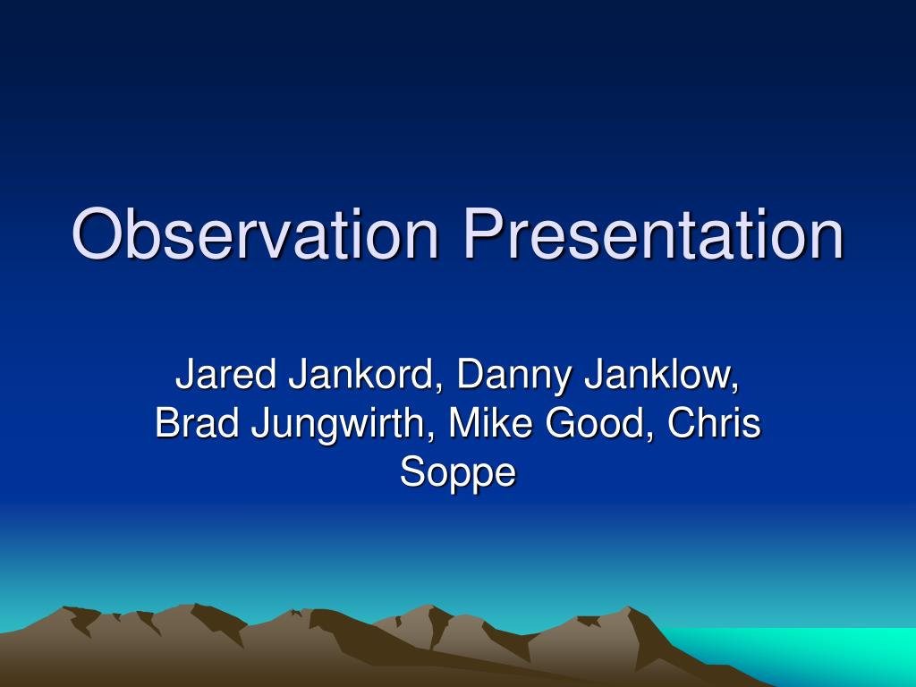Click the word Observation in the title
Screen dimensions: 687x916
pyautogui.click(x=255, y=234)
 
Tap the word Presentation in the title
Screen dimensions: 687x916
pyautogui.click(x=653, y=234)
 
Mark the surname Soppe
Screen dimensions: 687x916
pyautogui.click(x=458, y=472)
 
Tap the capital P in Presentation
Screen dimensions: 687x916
pyautogui.click(x=481, y=234)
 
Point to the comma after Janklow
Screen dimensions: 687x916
pyautogui.click(x=735, y=388)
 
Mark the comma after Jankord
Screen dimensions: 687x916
pyautogui.click(x=438, y=388)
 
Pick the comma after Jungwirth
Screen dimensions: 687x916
pyautogui.click(x=433, y=437)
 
